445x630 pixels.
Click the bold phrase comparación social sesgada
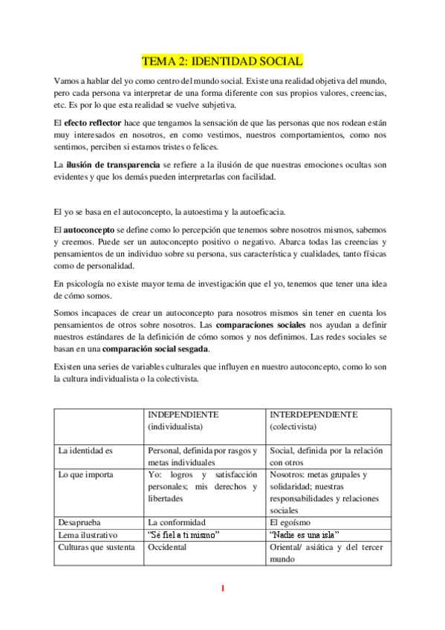(x=156, y=348)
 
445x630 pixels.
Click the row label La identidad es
(x=85, y=450)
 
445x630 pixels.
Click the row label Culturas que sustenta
(x=97, y=548)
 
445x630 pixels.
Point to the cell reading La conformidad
(x=177, y=522)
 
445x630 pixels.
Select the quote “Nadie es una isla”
(x=305, y=535)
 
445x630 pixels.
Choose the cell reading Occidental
(x=167, y=548)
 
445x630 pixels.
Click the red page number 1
(x=222, y=589)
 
